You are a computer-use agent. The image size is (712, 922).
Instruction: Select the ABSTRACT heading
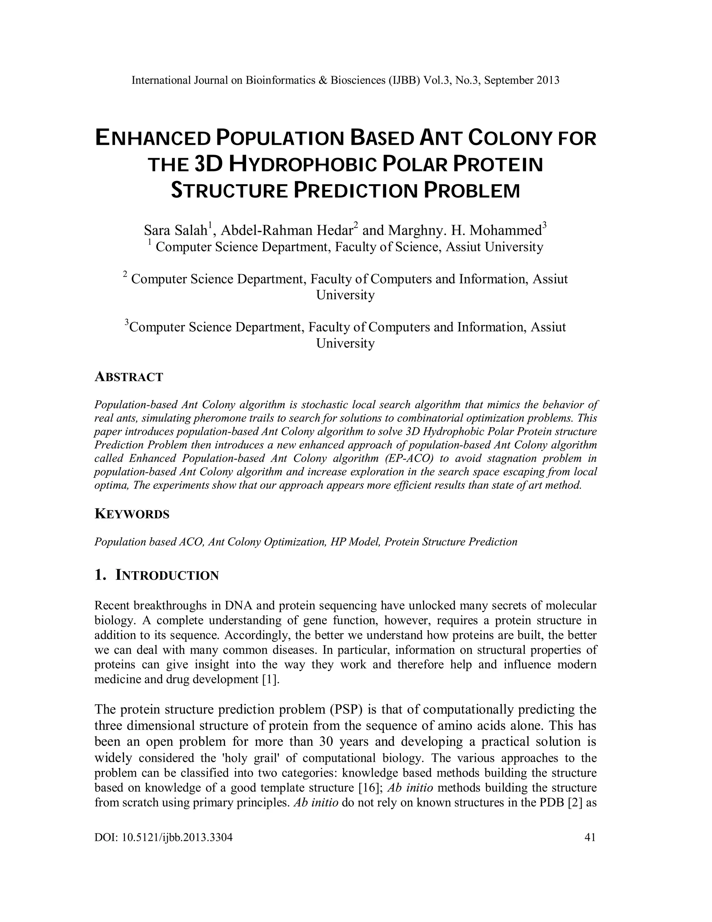[129, 377]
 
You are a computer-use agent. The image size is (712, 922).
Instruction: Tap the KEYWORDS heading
[132, 514]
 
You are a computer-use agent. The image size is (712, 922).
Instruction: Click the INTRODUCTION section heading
[167, 575]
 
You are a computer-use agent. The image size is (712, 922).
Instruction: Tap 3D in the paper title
[208, 165]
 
